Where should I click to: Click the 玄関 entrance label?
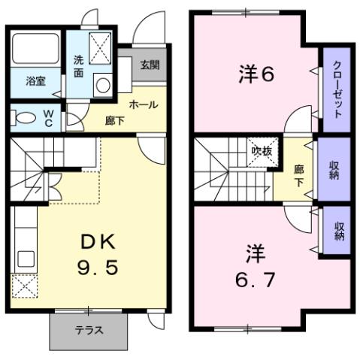tap(150, 65)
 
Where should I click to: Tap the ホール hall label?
tap(143, 104)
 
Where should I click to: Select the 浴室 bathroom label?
tap(35, 80)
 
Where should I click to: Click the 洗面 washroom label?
tap(79, 67)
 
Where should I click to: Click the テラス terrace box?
tap(89, 330)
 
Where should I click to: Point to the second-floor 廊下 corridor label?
tap(299, 175)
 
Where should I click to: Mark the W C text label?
tap(47, 118)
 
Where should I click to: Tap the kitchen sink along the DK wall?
tap(23, 248)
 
